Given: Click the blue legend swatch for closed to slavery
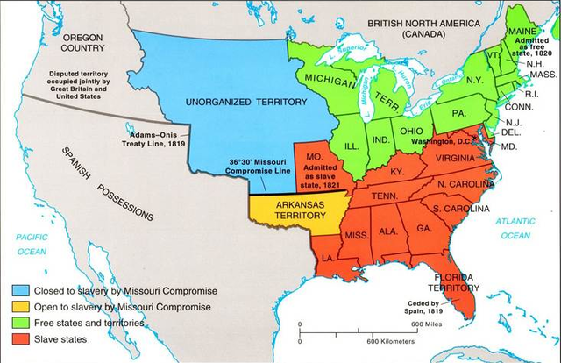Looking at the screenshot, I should [18, 290].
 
